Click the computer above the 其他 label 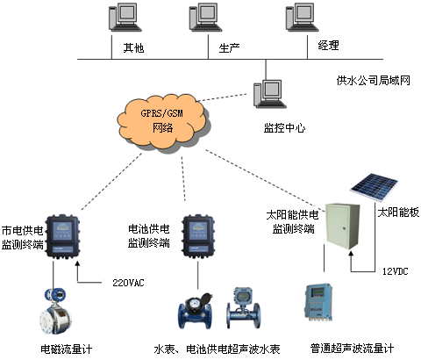pyautogui.click(x=125, y=17)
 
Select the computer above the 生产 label pyautogui.click(x=205, y=17)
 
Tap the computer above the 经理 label pyautogui.click(x=302, y=17)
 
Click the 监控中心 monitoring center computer pyautogui.click(x=269, y=94)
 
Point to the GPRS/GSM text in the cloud pyautogui.click(x=161, y=113)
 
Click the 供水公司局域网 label pyautogui.click(x=374, y=80)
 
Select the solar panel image pyautogui.click(x=375, y=187)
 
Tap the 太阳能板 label pyautogui.click(x=398, y=212)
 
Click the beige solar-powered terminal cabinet pyautogui.click(x=342, y=227)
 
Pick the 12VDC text pyautogui.click(x=396, y=271)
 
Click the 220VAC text pyautogui.click(x=128, y=283)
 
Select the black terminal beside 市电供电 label pyautogui.click(x=63, y=236)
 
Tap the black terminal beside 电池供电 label pyautogui.click(x=198, y=236)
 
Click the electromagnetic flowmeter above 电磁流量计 pyautogui.click(x=56, y=311)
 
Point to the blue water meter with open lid pyautogui.click(x=196, y=311)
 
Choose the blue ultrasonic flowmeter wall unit pyautogui.click(x=318, y=302)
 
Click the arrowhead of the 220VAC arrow pyautogui.click(x=77, y=263)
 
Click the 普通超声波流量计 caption pyautogui.click(x=352, y=349)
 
